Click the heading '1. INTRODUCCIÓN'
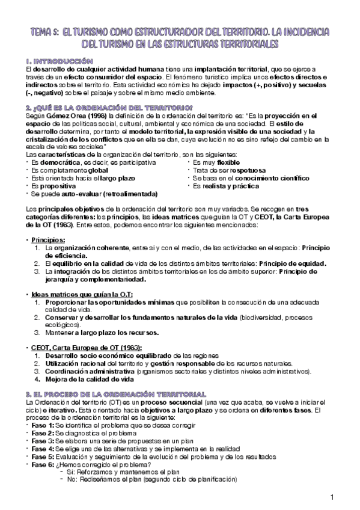click(x=59, y=61)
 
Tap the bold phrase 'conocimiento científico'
click(x=275, y=179)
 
